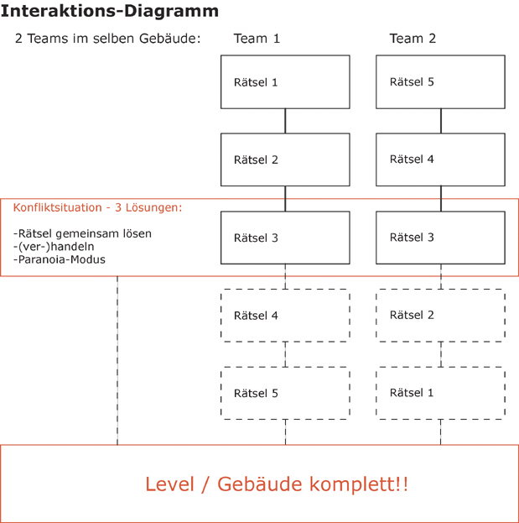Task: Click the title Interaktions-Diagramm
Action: coord(110,12)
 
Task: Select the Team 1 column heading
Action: coord(257,39)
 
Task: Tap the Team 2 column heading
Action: coord(413,39)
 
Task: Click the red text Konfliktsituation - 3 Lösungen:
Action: coord(97,208)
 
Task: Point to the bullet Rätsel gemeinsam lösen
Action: coord(82,233)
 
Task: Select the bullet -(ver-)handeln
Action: coord(54,247)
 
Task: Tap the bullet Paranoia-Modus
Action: coord(60,259)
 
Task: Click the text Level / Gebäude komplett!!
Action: coord(277,484)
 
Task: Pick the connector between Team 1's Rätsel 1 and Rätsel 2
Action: coord(285,121)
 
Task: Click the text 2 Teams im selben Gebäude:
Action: coord(107,39)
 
